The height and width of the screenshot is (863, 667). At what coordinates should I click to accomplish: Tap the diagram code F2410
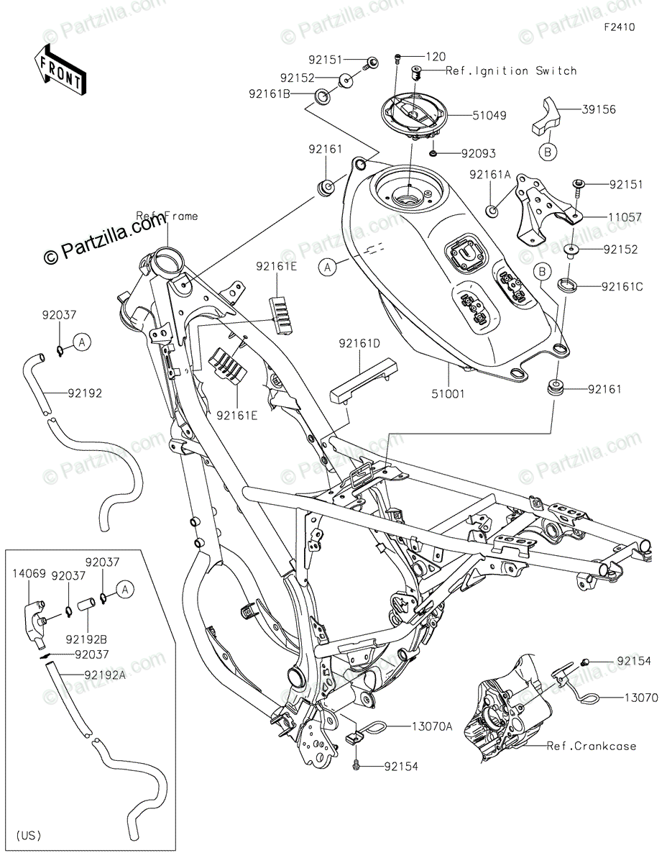pyautogui.click(x=620, y=28)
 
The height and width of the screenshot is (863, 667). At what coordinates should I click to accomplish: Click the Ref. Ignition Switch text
pyautogui.click(x=511, y=70)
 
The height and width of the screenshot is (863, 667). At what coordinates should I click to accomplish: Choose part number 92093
pyautogui.click(x=478, y=153)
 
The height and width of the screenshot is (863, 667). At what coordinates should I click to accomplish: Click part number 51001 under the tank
pyautogui.click(x=448, y=393)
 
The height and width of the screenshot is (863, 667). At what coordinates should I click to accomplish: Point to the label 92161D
pyautogui.click(x=359, y=344)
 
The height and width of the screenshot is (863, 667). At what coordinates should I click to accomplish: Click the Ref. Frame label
pyautogui.click(x=167, y=215)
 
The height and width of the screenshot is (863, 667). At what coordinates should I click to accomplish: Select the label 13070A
pyautogui.click(x=432, y=726)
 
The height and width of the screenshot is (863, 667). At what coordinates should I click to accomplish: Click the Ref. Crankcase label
pyautogui.click(x=591, y=746)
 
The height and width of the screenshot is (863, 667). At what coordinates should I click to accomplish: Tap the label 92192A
pyautogui.click(x=105, y=675)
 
